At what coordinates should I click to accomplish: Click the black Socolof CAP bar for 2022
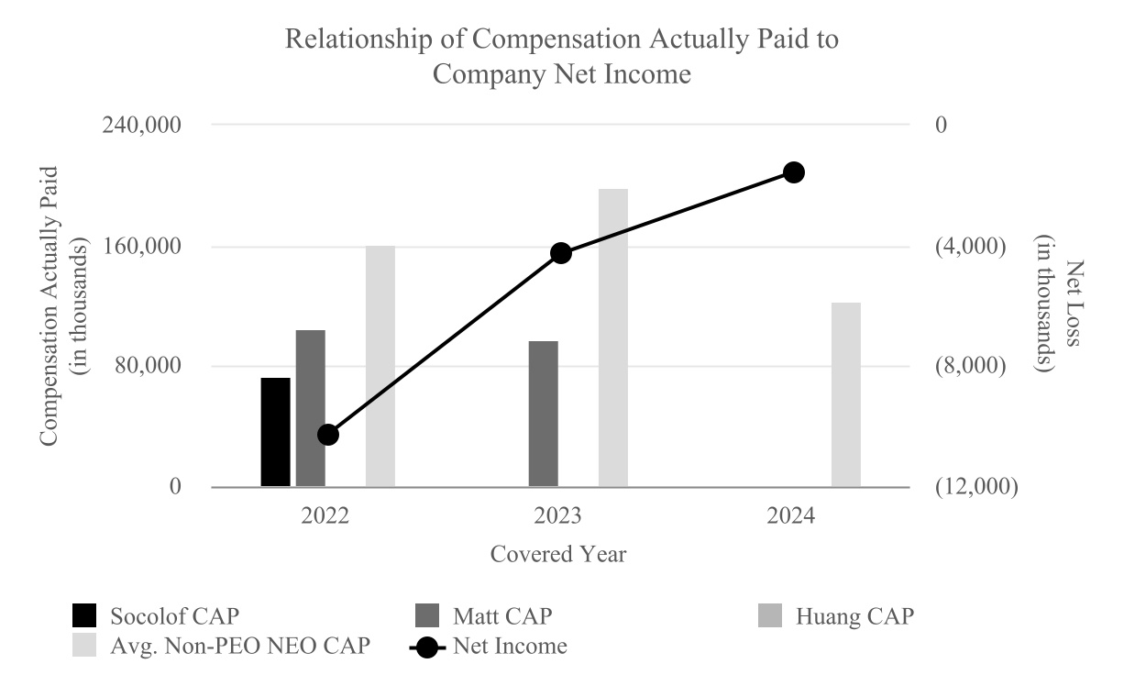(x=275, y=432)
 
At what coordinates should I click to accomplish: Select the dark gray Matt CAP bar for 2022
(x=311, y=408)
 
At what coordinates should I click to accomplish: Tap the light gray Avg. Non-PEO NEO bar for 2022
(x=380, y=366)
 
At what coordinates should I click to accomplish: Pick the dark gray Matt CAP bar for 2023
(x=544, y=414)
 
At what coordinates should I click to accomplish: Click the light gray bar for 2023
(x=613, y=337)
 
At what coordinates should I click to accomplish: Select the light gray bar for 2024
(x=846, y=394)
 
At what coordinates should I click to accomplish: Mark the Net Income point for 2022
(x=328, y=435)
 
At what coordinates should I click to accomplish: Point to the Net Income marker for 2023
(x=561, y=253)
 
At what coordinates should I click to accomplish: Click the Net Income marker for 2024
(x=794, y=172)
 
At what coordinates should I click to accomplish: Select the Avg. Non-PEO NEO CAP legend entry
(x=220, y=646)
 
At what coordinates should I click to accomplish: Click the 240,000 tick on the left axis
(x=147, y=125)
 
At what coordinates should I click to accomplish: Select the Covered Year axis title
(x=558, y=554)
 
